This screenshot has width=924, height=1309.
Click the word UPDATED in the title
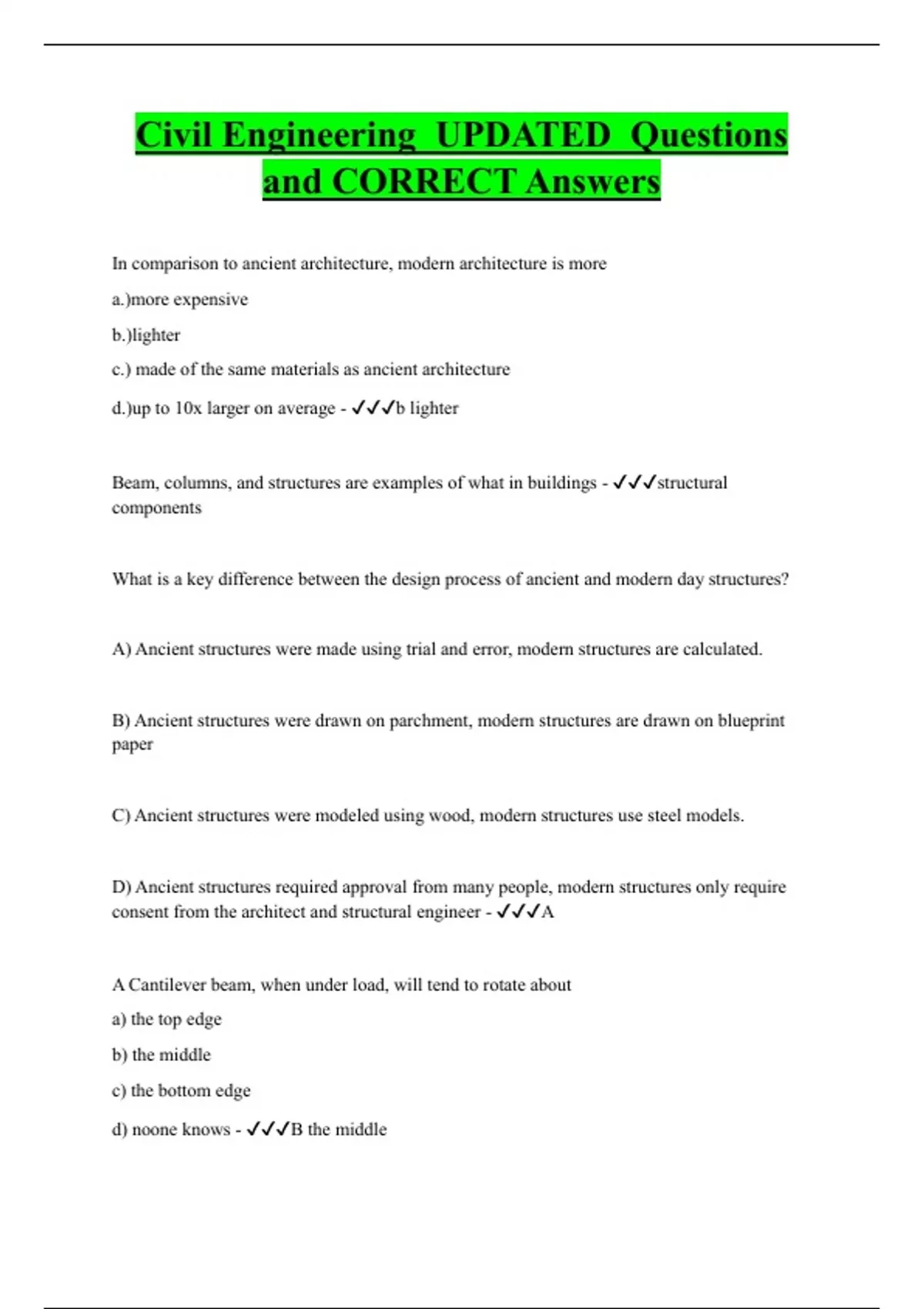(x=523, y=136)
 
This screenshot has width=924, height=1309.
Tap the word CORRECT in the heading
(x=423, y=182)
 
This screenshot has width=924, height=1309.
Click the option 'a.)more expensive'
(x=179, y=300)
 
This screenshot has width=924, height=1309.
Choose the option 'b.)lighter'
(x=146, y=335)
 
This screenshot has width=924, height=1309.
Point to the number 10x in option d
(x=188, y=408)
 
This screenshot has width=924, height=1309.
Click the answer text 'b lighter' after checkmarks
(x=427, y=408)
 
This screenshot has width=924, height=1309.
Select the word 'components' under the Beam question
(x=156, y=508)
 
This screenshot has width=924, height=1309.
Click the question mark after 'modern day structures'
(x=785, y=579)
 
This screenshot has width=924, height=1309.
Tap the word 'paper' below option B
(x=132, y=745)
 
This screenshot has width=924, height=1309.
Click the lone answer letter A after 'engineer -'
(x=547, y=912)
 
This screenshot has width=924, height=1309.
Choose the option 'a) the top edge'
(x=166, y=1019)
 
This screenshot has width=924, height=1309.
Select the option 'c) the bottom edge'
(x=181, y=1090)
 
